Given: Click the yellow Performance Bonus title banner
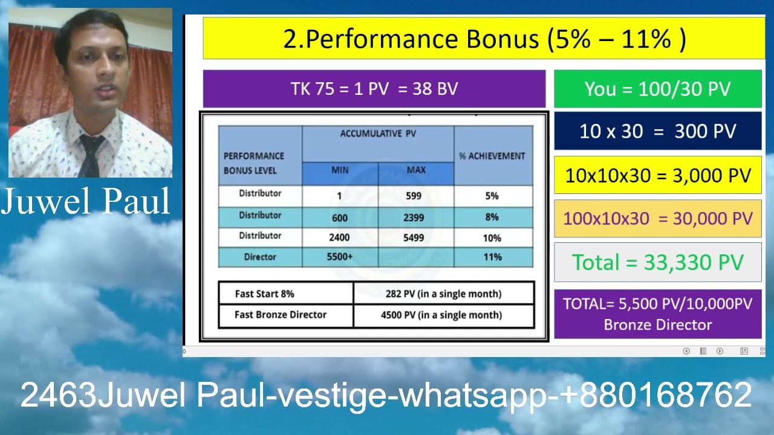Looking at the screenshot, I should pos(484,39).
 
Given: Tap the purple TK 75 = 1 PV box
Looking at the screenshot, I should pos(374,89).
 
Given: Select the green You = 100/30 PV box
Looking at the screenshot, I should pos(657,89).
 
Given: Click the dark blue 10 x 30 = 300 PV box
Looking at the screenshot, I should pos(657,132).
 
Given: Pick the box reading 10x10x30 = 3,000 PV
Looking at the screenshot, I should pos(657,176).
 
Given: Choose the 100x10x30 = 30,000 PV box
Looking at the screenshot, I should pos(657,219).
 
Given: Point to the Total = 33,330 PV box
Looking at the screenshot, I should pos(657,262).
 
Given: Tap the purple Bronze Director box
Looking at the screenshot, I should pos(657,314).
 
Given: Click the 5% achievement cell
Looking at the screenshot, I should pos(492,196).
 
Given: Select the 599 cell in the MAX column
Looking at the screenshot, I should pos(414,196).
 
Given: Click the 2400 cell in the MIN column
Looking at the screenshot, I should pos(339,237).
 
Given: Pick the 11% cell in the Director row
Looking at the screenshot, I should pos(492,257).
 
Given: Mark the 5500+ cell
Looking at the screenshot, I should pos(339,257).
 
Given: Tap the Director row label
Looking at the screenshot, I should pos(260,257).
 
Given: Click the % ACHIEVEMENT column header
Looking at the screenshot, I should pos(492,156).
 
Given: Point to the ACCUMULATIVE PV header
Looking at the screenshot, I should pos(378,134).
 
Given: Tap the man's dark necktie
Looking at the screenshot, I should pos(89,155).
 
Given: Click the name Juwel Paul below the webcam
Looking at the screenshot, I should pos(86,202).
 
